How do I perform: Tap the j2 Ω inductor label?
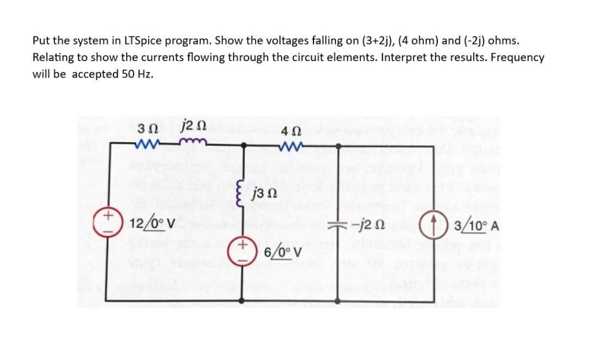point(193,129)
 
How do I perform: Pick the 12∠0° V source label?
point(153,224)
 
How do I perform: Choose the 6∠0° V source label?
point(283,252)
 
